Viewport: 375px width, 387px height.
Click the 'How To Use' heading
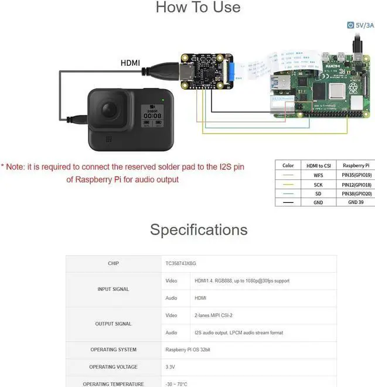198,8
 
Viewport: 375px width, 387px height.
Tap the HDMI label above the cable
130,63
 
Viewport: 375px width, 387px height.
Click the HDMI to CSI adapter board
209,74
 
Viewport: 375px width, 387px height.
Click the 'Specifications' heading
199,229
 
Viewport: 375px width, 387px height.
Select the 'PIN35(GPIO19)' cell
356,175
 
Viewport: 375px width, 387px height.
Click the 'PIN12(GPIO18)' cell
356,185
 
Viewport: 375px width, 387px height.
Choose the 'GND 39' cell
356,202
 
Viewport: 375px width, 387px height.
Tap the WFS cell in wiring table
318,175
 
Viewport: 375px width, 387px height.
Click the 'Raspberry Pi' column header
356,165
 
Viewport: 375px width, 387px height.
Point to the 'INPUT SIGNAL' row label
113,289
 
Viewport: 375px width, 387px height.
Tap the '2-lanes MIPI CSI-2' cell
214,315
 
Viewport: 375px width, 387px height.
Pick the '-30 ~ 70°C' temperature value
176,384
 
